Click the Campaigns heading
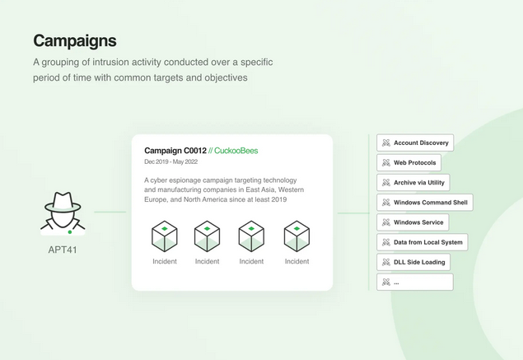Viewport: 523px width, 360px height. click(x=75, y=41)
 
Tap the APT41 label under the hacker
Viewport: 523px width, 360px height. click(x=63, y=250)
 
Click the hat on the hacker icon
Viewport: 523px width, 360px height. click(x=63, y=202)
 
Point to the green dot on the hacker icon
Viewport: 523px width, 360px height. click(x=70, y=231)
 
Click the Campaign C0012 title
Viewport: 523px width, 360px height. click(x=175, y=151)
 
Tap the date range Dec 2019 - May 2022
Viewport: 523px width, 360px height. click(x=170, y=161)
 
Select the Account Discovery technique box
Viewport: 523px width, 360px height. click(x=415, y=143)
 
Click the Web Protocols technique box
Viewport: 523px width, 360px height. click(x=409, y=163)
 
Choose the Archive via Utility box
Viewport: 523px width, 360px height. click(x=413, y=183)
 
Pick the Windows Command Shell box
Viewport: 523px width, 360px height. click(x=425, y=203)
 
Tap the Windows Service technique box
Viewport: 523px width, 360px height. click(x=413, y=222)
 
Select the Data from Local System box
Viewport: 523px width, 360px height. click(x=423, y=242)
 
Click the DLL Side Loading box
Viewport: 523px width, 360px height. click(x=413, y=262)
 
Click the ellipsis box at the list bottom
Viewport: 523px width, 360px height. click(x=415, y=282)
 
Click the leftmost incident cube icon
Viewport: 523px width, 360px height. click(x=165, y=236)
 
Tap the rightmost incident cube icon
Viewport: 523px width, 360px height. click(x=297, y=236)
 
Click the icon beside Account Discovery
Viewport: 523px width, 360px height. click(x=386, y=143)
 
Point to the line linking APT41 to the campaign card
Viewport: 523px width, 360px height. click(x=110, y=212)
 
